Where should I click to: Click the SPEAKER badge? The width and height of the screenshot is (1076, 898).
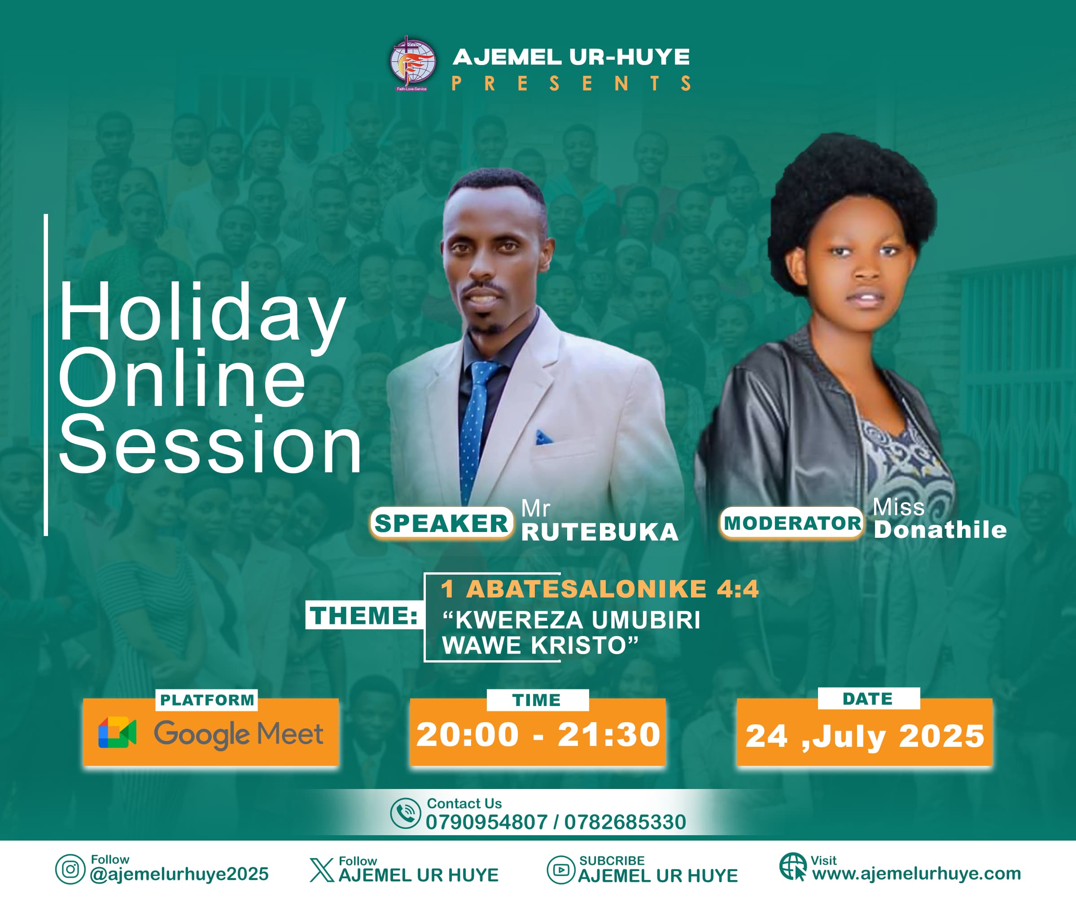click(x=441, y=523)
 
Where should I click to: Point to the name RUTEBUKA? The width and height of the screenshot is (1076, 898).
click(x=600, y=532)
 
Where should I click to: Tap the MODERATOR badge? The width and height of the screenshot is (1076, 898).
click(x=792, y=523)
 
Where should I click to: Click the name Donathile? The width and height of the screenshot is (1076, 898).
click(x=940, y=530)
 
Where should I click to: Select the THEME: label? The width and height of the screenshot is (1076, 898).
click(x=364, y=615)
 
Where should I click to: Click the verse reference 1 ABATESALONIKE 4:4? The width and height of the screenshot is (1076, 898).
click(x=599, y=589)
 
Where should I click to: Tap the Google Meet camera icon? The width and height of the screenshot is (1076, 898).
click(x=117, y=732)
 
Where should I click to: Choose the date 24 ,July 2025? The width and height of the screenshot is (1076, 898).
click(x=865, y=737)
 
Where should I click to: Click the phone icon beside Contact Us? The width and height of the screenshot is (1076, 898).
click(x=405, y=814)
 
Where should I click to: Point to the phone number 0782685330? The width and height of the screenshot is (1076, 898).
click(x=625, y=822)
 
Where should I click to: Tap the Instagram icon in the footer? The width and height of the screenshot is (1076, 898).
click(x=70, y=869)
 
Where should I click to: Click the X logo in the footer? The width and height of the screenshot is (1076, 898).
click(x=322, y=870)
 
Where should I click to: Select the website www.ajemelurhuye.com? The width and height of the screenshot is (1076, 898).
click(x=917, y=873)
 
